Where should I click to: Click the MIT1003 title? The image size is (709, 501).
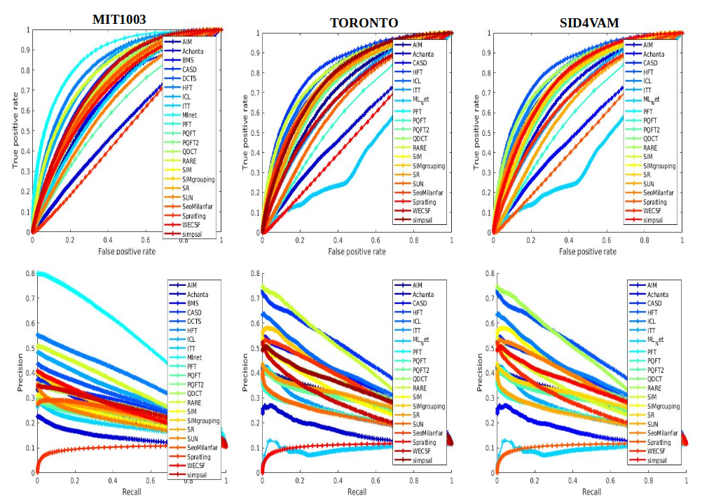click(119, 20)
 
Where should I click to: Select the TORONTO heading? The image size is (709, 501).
click(364, 23)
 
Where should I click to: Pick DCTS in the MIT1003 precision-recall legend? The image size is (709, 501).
click(192, 321)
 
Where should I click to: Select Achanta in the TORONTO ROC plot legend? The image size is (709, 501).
click(422, 54)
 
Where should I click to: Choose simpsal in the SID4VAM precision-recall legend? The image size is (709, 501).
click(656, 460)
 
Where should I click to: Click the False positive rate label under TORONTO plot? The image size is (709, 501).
click(357, 252)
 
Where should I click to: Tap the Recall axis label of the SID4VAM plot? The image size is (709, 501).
click(591, 492)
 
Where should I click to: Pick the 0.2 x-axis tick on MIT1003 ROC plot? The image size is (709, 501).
click(70, 240)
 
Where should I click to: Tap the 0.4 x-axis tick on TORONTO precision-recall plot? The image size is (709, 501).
click(338, 481)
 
